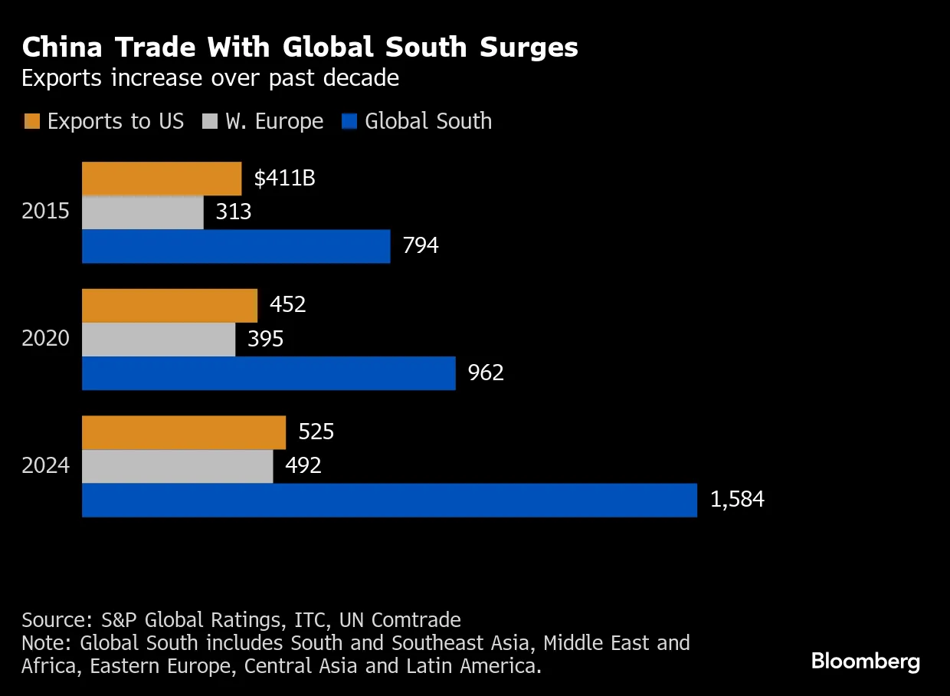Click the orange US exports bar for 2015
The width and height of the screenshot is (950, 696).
pos(162,179)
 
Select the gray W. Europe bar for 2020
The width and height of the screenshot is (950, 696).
pos(159,339)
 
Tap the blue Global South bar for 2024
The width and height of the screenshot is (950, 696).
pos(389,500)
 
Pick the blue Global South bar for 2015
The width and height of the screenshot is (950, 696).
pos(236,246)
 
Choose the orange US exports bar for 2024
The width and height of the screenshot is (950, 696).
pos(184,432)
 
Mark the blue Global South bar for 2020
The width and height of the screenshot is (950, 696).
pos(268,373)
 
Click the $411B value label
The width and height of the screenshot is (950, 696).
pos(285,179)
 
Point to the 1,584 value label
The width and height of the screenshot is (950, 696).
pos(737,500)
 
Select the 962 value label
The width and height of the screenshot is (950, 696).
pos(486,373)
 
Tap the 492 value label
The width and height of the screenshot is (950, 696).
pos(303,466)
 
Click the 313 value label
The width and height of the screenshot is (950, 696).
pos(234,212)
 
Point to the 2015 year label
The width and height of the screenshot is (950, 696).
pos(45,212)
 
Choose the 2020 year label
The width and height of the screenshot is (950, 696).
pos(45,339)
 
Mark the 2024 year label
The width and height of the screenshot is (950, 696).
pos(45,466)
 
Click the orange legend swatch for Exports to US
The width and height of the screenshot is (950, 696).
pos(31,122)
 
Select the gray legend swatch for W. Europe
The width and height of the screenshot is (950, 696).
pos(210,122)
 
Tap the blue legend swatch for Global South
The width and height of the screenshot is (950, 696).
pos(350,122)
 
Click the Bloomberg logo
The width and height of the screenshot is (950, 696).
pos(866,662)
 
